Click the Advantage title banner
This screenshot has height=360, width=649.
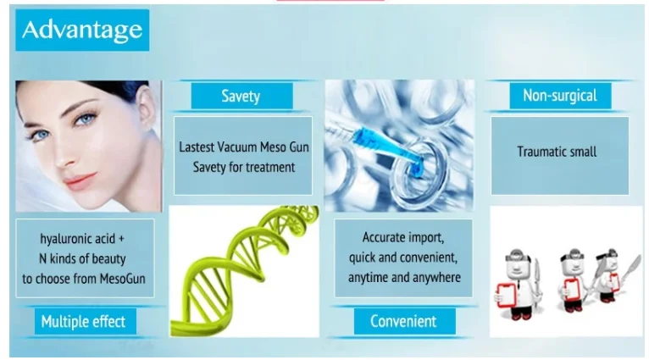pos(82,30)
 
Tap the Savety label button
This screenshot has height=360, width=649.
pos(241,96)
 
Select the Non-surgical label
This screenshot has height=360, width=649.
pos(560,96)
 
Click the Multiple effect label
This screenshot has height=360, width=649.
pos(86,322)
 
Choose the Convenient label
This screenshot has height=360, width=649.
pos(404,322)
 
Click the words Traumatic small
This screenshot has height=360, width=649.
pos(557,152)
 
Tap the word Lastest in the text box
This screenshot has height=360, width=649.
pos(197,147)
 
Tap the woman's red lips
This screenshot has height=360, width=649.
pos(80,180)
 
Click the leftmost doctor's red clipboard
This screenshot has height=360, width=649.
pos(506,295)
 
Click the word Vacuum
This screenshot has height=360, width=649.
pos(241,147)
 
